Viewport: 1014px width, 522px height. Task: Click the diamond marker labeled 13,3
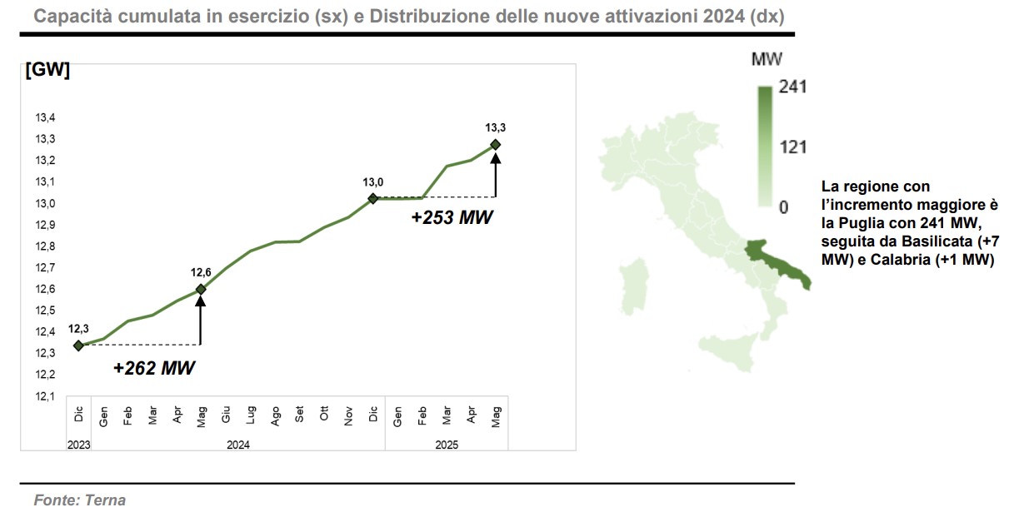pyautogui.click(x=496, y=145)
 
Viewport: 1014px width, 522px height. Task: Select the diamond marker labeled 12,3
pyautogui.click(x=78, y=346)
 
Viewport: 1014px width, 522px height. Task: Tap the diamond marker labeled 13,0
pyautogui.click(x=372, y=198)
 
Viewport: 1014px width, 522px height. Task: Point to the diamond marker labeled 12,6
pyautogui.click(x=200, y=289)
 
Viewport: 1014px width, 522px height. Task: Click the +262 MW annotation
pyautogui.click(x=154, y=367)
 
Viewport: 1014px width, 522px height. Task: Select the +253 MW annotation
pyautogui.click(x=452, y=218)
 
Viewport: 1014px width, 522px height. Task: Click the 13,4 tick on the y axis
pyautogui.click(x=45, y=117)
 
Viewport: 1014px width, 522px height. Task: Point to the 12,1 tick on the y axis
pyautogui.click(x=45, y=396)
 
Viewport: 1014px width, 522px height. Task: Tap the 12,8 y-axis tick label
pyautogui.click(x=45, y=246)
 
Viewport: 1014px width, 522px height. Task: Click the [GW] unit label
pyautogui.click(x=47, y=71)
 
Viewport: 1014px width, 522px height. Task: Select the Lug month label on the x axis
pyautogui.click(x=250, y=414)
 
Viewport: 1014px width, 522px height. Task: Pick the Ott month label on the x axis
pyautogui.click(x=324, y=414)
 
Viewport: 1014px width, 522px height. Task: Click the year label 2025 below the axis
pyautogui.click(x=447, y=445)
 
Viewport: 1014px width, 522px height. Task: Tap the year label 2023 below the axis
pyautogui.click(x=78, y=445)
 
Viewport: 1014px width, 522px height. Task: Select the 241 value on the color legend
pyautogui.click(x=793, y=87)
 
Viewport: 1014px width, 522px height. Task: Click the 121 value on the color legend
pyautogui.click(x=793, y=147)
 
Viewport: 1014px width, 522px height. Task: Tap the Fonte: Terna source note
pyautogui.click(x=79, y=500)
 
